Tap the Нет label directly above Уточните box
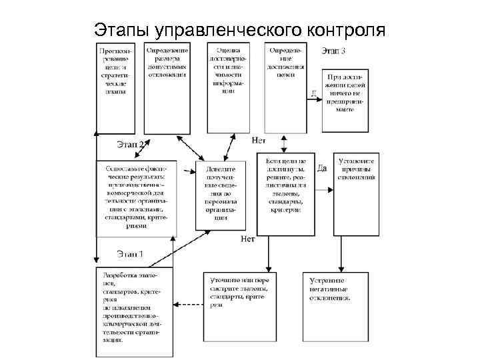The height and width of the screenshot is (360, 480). click(x=248, y=238)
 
